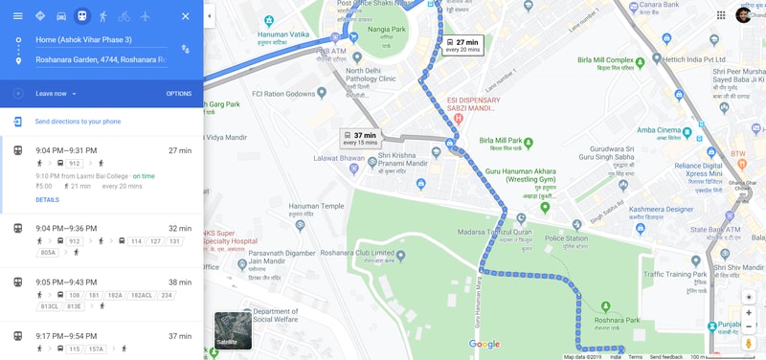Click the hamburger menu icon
click(17, 16)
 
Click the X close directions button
click(185, 16)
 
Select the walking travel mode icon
click(102, 16)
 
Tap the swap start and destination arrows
click(185, 49)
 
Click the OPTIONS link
click(178, 94)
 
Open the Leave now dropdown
click(56, 94)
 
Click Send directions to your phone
click(78, 122)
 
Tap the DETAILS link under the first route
click(47, 200)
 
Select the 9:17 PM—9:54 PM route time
click(66, 336)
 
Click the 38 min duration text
click(180, 282)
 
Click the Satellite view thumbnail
click(233, 330)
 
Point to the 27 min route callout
click(462, 45)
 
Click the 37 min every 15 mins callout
click(361, 139)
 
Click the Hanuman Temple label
click(319, 206)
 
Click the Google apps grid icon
click(720, 15)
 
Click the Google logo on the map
click(484, 345)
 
